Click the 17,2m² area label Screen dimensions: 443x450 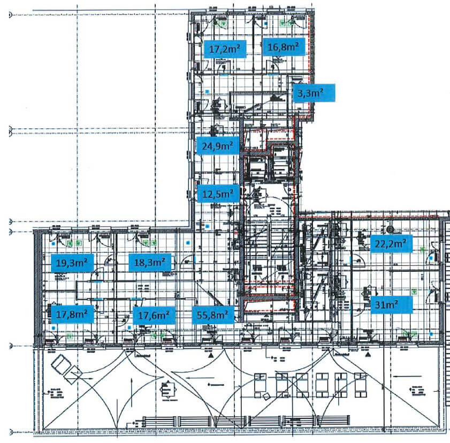click(224, 49)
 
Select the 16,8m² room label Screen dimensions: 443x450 click(283, 47)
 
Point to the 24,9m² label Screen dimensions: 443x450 click(217, 145)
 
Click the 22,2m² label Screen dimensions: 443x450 click(391, 244)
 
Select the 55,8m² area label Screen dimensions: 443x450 click(212, 315)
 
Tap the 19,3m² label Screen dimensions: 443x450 click(72, 262)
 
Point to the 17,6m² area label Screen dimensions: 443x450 click(154, 315)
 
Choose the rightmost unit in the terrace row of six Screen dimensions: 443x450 click(355, 383)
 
